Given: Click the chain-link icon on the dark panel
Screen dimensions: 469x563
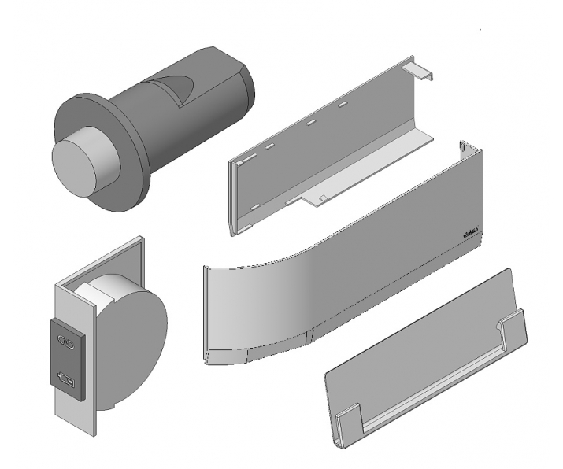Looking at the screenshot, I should pyautogui.click(x=69, y=342).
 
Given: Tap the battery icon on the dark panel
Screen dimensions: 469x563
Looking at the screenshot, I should pyautogui.click(x=69, y=382).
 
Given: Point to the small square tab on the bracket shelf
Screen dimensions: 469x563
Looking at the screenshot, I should pyautogui.click(x=322, y=196).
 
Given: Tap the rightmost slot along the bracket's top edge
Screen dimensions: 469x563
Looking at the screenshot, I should pyautogui.click(x=343, y=103).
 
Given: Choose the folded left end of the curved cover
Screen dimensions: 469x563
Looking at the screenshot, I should pyautogui.click(x=208, y=315).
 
